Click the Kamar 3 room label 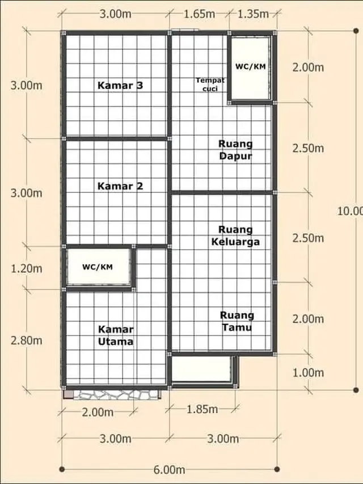point(120,86)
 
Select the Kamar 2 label point(120,186)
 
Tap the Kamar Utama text point(116,335)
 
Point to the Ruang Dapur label point(236,150)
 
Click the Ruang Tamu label point(237,321)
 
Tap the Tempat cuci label point(210,83)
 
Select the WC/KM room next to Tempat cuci point(250,67)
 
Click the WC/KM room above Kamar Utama point(97,267)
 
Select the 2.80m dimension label point(26,340)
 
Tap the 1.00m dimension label point(308,372)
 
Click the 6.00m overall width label point(170,470)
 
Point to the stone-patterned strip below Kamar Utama point(116,394)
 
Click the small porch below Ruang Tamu point(203,369)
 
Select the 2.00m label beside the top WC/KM point(308,68)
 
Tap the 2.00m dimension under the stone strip point(98,413)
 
